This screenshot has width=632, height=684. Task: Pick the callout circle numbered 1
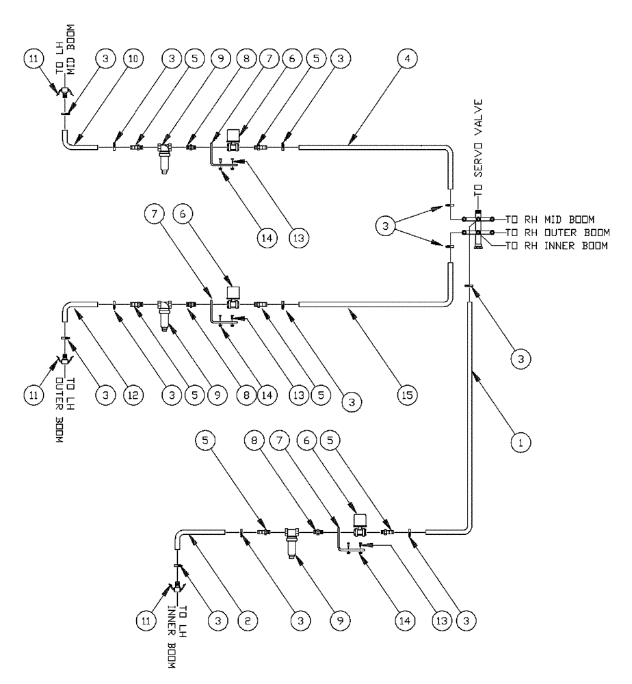click(522, 443)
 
